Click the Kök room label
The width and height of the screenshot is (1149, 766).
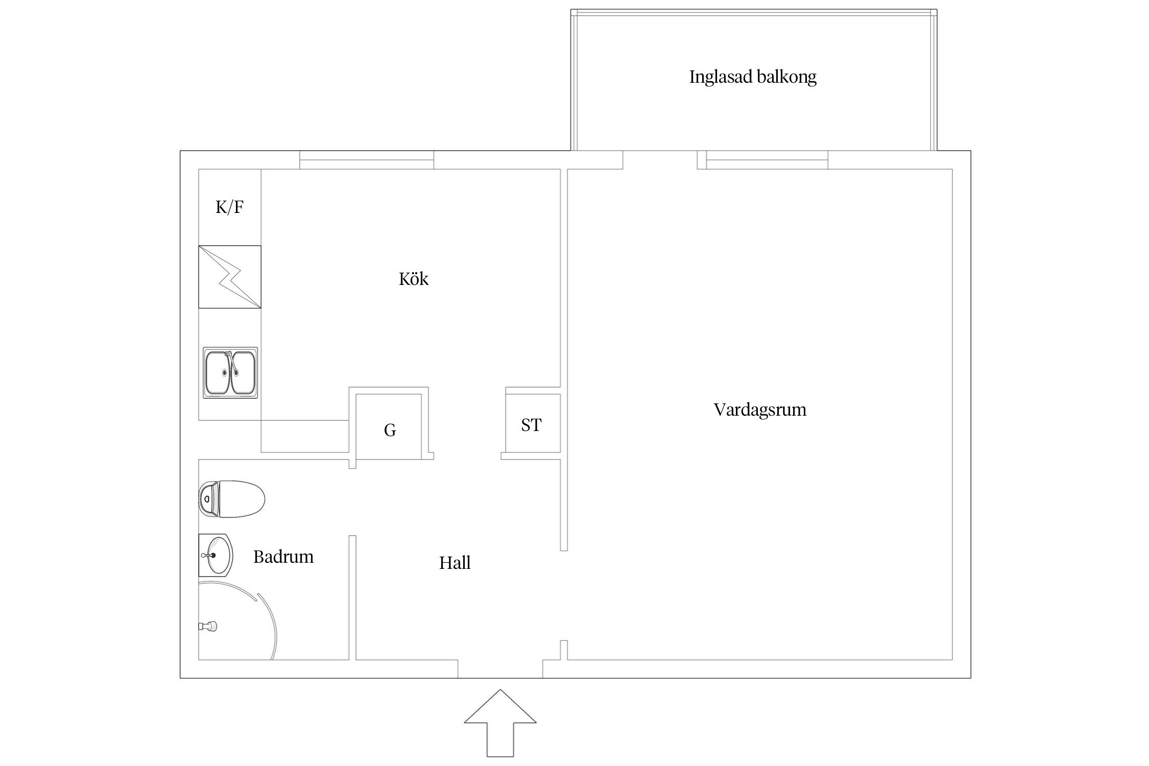[413, 279]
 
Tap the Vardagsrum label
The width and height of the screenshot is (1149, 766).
[759, 410]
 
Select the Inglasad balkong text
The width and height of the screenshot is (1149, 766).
[752, 77]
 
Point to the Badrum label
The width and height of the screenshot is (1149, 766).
[283, 557]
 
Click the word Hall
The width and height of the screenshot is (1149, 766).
[454, 563]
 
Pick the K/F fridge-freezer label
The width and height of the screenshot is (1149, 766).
[229, 207]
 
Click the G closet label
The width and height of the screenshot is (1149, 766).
[390, 430]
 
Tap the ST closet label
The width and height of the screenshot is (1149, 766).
[531, 425]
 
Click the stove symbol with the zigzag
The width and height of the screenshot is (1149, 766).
[229, 277]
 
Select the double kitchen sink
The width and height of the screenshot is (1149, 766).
[230, 373]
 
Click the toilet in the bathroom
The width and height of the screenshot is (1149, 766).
[231, 499]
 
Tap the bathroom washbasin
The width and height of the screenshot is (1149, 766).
[216, 555]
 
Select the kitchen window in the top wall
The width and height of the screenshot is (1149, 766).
[366, 160]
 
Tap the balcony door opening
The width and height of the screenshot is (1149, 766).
[660, 160]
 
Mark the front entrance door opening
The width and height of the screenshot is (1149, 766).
[500, 669]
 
